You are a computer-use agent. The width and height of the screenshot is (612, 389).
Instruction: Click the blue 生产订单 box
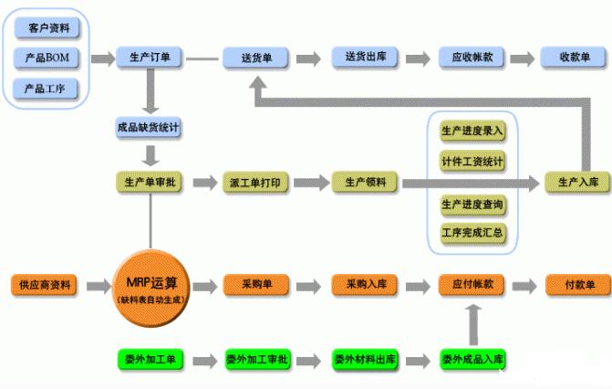(x=150, y=58)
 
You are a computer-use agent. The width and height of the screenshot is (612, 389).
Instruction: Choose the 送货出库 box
(x=364, y=58)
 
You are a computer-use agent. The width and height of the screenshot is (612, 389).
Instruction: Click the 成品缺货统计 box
(x=150, y=128)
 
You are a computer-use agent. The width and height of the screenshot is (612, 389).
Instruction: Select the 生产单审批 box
(x=150, y=183)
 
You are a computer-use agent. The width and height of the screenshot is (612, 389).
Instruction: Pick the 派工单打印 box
(x=256, y=183)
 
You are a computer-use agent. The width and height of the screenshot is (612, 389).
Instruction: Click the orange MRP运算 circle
(x=150, y=286)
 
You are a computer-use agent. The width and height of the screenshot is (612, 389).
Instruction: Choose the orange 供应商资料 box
(x=44, y=284)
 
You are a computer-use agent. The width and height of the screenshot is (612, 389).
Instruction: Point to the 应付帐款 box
(x=472, y=284)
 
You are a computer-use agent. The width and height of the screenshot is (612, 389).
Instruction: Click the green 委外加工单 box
(x=150, y=358)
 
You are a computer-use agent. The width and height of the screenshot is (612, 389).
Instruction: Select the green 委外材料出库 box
(x=364, y=358)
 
